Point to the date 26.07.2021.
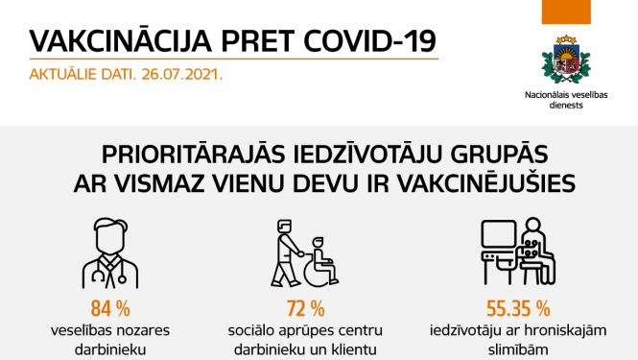[x=182, y=72]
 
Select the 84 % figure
[x=109, y=309]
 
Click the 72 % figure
[x=306, y=309]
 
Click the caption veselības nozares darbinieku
[x=109, y=341]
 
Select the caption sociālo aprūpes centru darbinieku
[x=306, y=341]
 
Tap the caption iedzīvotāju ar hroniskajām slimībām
[x=516, y=341]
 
